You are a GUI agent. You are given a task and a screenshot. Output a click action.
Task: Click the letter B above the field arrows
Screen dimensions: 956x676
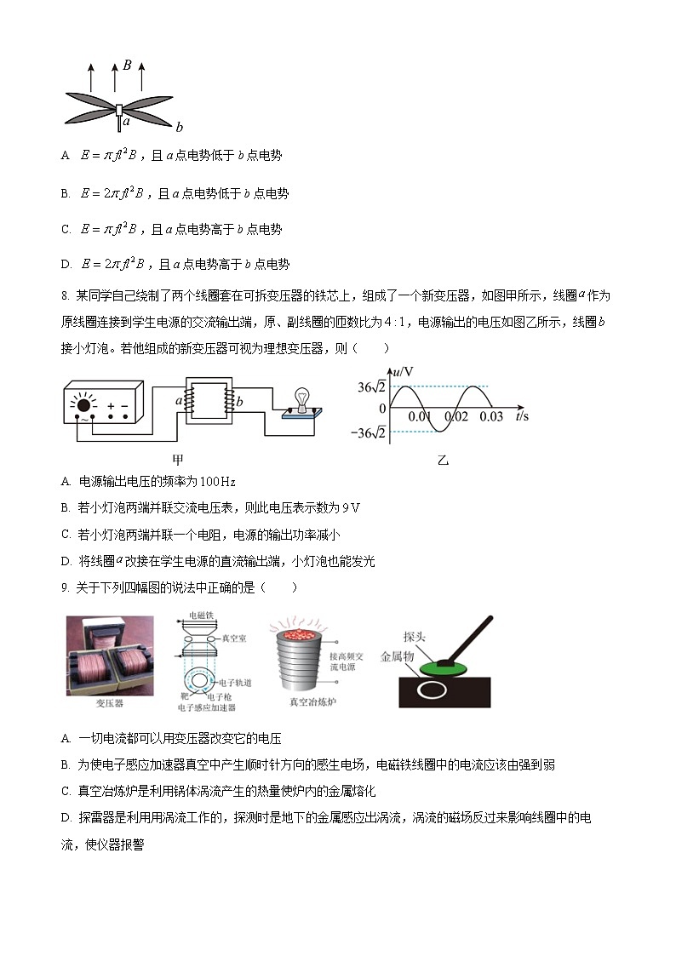(126, 64)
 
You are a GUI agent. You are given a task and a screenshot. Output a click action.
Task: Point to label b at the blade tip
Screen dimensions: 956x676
(179, 128)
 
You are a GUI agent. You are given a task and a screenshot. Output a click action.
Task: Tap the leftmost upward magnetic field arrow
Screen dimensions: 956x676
(91, 76)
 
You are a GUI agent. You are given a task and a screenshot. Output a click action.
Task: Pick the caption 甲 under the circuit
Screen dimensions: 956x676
(178, 460)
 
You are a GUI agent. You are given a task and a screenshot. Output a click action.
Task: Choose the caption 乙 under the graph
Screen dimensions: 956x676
(443, 461)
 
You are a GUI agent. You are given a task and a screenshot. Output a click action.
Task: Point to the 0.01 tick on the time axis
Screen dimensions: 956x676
(419, 417)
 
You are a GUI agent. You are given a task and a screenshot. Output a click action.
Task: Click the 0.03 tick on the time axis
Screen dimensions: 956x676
(491, 417)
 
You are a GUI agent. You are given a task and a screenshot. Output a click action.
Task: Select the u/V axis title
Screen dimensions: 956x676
(402, 372)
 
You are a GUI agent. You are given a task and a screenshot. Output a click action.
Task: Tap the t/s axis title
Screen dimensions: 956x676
(522, 416)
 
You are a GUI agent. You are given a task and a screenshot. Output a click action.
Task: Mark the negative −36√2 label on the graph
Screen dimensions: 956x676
(371, 433)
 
